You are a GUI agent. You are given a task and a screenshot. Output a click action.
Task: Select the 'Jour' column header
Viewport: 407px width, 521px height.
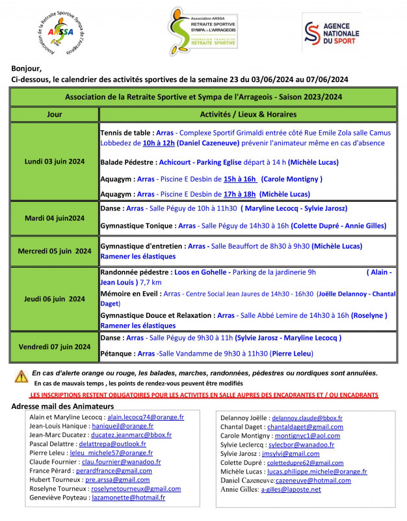55,113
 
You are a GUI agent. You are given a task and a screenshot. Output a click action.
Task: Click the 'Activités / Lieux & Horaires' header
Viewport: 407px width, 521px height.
248,113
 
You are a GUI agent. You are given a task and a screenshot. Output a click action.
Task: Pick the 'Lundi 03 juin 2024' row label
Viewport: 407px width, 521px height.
55,161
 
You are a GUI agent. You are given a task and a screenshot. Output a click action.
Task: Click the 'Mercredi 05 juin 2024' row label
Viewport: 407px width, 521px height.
55,251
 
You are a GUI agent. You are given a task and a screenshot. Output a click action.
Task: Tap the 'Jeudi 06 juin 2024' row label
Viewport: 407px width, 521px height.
55,299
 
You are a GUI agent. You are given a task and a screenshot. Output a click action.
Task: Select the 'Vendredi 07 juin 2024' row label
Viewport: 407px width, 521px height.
55,346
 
